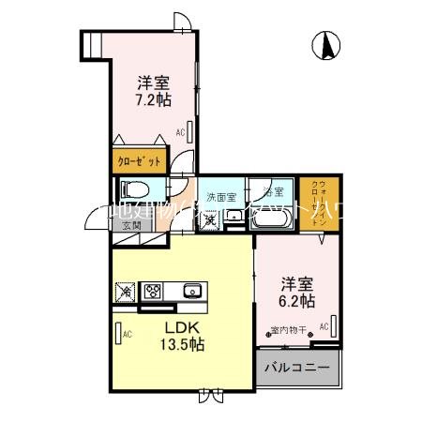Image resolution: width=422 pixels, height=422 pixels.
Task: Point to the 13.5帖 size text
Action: (x=185, y=344)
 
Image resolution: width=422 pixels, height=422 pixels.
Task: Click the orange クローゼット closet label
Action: (x=139, y=161)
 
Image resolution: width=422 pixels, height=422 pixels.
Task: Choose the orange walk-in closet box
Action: (x=320, y=200)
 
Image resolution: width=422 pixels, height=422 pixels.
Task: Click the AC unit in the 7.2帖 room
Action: (x=190, y=131)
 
